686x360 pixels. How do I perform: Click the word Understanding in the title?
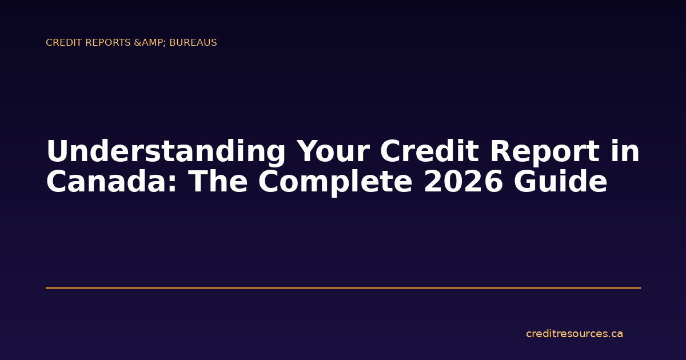tap(166, 153)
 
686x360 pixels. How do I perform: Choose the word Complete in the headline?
tap(334, 182)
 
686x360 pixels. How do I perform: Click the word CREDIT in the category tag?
tap(61, 43)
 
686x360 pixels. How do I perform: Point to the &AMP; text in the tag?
tap(150, 43)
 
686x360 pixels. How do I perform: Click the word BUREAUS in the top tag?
tap(193, 43)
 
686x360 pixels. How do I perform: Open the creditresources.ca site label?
tap(574, 334)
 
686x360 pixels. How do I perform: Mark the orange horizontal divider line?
tap(343, 288)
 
